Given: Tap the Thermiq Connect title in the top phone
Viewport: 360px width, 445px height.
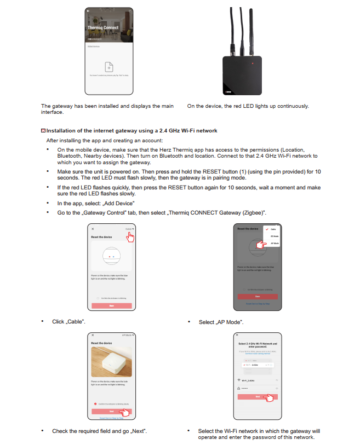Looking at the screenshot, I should click(x=103, y=27).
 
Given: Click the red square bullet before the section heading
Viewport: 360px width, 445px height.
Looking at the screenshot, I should click(x=43, y=131).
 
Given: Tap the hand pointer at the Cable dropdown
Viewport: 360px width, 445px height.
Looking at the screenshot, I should click(x=130, y=236).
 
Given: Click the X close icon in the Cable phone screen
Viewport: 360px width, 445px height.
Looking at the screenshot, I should click(x=93, y=228).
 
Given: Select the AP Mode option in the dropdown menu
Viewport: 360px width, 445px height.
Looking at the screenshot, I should click(x=275, y=242).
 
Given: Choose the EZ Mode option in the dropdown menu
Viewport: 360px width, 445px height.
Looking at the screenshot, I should click(x=275, y=235).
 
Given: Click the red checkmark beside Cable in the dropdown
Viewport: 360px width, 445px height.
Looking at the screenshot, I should click(x=266, y=229).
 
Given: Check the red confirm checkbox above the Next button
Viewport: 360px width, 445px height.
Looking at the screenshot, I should click(x=96, y=403).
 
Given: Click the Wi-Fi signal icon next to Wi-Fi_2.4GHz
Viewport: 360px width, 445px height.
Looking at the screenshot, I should click(x=238, y=379).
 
